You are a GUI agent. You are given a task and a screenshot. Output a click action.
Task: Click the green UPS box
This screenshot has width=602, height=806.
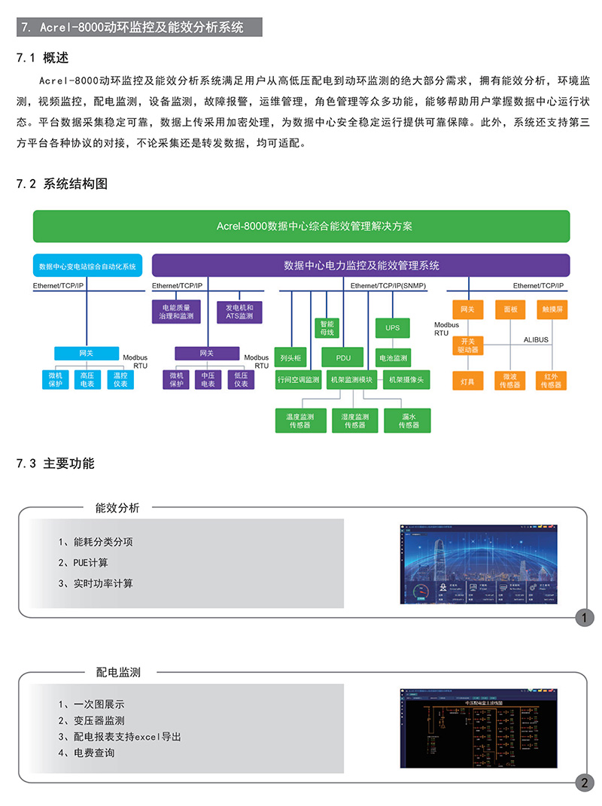pyautogui.click(x=392, y=328)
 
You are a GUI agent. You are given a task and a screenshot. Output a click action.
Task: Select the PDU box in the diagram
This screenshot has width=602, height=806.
pyautogui.click(x=342, y=358)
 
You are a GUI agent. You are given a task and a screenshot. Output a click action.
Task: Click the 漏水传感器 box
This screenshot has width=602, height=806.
pyautogui.click(x=409, y=421)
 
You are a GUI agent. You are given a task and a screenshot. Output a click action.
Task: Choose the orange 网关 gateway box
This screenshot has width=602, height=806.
pyautogui.click(x=467, y=309)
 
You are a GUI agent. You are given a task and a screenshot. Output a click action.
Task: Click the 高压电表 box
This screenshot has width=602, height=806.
pyautogui.click(x=87, y=379)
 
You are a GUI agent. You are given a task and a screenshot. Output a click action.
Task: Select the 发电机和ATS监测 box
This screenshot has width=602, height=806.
pyautogui.click(x=239, y=312)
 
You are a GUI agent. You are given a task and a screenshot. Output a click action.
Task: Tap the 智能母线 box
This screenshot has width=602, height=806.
pyautogui.click(x=327, y=328)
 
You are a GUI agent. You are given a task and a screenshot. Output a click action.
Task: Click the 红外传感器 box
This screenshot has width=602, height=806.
pyautogui.click(x=552, y=380)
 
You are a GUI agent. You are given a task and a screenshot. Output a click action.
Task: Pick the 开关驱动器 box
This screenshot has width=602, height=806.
pyautogui.click(x=467, y=345)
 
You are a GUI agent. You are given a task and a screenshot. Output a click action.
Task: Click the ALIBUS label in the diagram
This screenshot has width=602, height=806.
pyautogui.click(x=536, y=340)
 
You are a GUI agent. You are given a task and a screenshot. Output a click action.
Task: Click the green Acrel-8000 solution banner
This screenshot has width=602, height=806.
pyautogui.click(x=302, y=226)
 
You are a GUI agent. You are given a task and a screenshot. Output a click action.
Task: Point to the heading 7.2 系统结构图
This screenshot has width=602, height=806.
pyautogui.click(x=63, y=184)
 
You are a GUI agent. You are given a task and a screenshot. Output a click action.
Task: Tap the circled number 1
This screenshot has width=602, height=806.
pyautogui.click(x=584, y=619)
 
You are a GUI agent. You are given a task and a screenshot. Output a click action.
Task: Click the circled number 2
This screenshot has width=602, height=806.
pyautogui.click(x=584, y=783)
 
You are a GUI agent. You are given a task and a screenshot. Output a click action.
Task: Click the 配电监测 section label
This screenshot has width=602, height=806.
pyautogui.click(x=118, y=672)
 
